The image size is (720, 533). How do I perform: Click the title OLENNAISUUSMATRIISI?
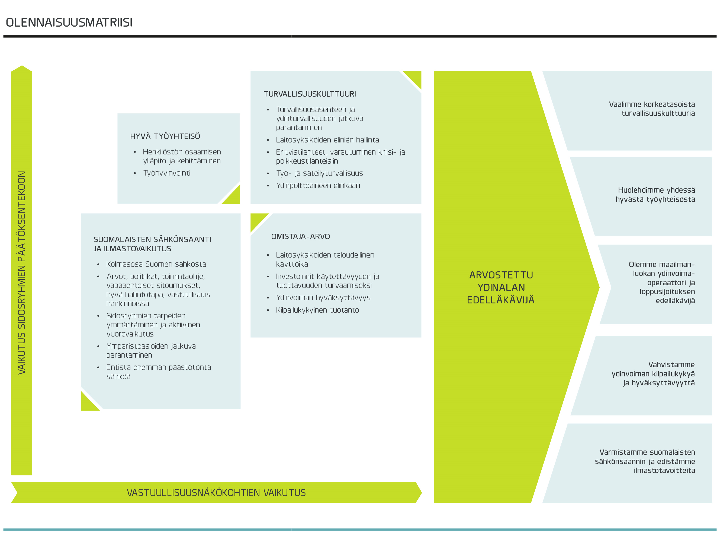coord(69,23)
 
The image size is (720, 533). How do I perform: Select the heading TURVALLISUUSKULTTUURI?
coord(310,94)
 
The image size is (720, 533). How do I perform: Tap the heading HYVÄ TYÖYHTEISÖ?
coord(165,136)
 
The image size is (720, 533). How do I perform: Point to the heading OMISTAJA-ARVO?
coord(300,236)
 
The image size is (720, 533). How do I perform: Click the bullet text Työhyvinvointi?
coord(167,173)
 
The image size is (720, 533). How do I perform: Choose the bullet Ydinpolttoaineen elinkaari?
coord(318,186)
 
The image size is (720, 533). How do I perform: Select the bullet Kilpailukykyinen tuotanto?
coord(317,310)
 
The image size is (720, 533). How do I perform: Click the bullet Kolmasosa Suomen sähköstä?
coord(156,264)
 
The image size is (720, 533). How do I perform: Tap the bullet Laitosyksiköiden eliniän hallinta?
coord(327,140)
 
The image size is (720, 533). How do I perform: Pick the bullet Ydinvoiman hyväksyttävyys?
coord(323,297)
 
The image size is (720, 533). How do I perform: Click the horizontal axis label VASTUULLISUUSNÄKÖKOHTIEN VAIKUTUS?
coord(216,493)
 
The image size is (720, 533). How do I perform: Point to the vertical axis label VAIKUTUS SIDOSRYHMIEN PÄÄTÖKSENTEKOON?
coord(22,273)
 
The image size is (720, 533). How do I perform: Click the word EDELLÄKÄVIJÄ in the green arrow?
coord(500,300)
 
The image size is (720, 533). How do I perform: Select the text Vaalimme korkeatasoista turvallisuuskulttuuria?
coord(652,109)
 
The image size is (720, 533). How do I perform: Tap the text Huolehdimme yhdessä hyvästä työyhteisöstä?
coord(655,195)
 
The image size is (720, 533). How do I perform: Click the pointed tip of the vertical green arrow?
coord(22,66)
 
